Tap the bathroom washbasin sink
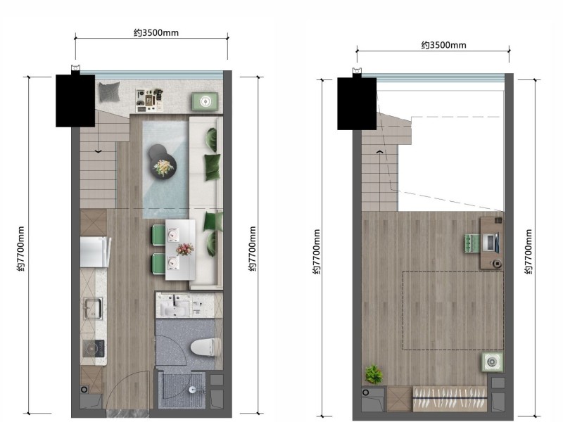[175, 307]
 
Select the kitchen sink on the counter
[93, 308]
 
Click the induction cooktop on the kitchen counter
[94, 348]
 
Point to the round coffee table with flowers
[164, 165]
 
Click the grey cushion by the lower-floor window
[109, 92]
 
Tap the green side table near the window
[205, 101]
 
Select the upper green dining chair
[158, 235]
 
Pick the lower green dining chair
[158, 264]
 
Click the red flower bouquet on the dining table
[184, 249]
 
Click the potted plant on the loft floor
[374, 374]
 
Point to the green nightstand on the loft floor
[492, 362]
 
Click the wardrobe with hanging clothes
[450, 399]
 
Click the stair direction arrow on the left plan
[98, 151]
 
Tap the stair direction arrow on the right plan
[379, 152]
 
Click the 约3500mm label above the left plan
[156, 32]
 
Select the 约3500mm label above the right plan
[444, 45]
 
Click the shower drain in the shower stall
[193, 389]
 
